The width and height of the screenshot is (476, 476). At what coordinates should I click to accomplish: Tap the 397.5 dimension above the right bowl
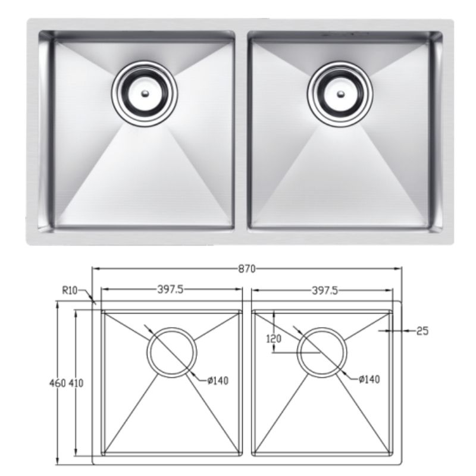click(x=324, y=290)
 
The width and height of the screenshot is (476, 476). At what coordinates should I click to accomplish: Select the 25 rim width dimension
click(x=422, y=331)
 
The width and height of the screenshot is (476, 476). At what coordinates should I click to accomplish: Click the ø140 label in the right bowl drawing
click(x=369, y=378)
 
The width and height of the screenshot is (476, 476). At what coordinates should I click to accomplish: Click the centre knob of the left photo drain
click(x=145, y=93)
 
